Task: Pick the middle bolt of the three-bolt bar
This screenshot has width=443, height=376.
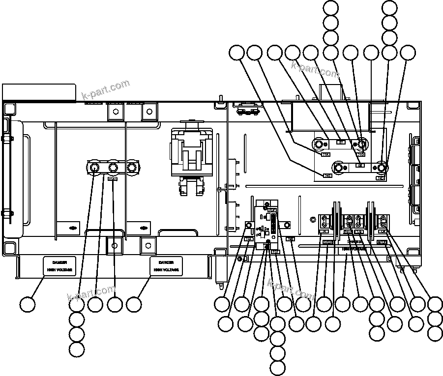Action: point(113,168)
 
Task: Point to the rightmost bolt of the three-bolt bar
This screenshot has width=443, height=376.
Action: point(131,168)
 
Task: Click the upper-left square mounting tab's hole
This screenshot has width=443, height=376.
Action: point(116,111)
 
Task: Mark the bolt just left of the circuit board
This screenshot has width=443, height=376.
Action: point(249,226)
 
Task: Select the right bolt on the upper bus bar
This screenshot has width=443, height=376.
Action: point(361,144)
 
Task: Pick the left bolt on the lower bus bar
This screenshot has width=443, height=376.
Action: point(339,166)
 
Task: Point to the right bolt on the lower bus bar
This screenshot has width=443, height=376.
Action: point(381,166)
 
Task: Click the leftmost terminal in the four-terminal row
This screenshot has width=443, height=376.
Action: point(325,220)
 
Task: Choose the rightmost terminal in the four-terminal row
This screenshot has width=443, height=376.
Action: point(383,220)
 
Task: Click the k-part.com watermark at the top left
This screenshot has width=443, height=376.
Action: point(105,89)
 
